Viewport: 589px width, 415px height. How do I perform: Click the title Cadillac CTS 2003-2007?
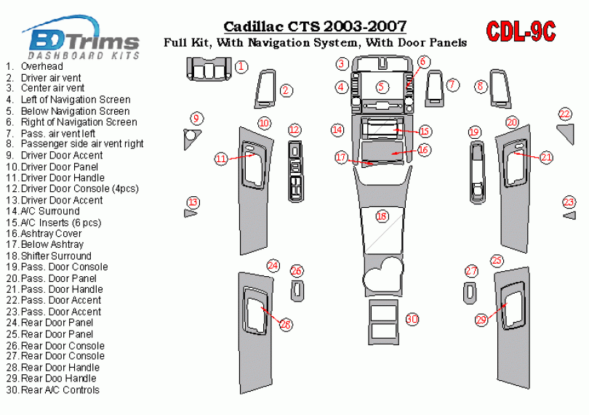(314, 27)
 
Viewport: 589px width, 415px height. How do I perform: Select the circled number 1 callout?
(242, 68)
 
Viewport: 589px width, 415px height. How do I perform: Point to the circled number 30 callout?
(412, 319)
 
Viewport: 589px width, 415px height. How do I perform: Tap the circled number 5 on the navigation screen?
(382, 86)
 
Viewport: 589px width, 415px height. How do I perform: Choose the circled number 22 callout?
(565, 113)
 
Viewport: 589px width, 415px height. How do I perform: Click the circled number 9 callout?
(196, 118)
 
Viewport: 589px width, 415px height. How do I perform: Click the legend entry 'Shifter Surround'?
(57, 256)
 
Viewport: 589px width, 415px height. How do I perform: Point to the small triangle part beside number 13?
(191, 214)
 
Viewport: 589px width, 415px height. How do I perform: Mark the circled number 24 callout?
(273, 265)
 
